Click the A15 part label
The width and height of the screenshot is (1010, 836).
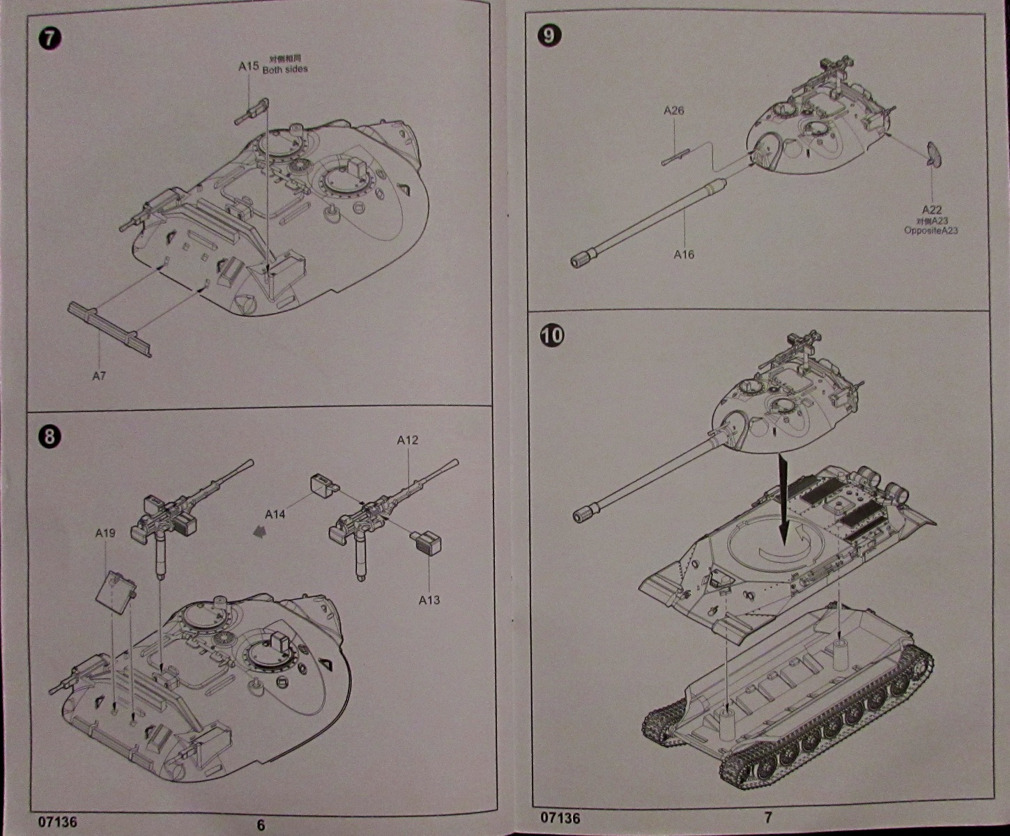coord(248,66)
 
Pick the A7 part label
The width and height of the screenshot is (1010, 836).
coord(99,376)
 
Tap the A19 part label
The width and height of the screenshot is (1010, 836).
coord(105,533)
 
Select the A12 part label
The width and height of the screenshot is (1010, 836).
coord(407,440)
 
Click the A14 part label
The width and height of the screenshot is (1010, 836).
coord(275,515)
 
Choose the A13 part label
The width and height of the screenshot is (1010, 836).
coord(429,600)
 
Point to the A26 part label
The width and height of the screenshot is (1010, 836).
coord(674,111)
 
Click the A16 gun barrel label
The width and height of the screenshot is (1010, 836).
coord(684,255)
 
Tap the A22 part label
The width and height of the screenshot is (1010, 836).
coord(932,210)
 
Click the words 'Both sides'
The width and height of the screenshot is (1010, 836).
coord(284,70)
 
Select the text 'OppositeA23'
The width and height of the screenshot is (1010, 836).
coord(931,231)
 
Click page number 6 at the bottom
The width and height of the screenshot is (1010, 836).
coord(261,826)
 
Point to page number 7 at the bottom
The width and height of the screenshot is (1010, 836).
coord(767,817)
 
